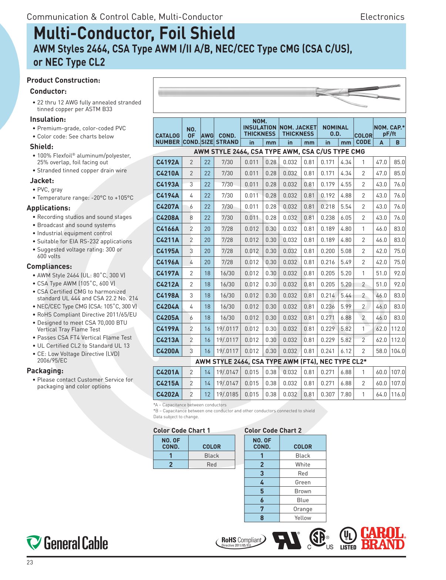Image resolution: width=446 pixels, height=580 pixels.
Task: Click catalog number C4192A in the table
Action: point(168,162)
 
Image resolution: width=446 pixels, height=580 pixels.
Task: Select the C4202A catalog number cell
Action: point(168,394)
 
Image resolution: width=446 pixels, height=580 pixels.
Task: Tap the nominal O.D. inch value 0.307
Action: point(328,394)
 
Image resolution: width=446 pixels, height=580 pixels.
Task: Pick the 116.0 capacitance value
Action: point(398,394)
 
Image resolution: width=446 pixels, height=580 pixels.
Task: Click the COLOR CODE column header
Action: point(363,139)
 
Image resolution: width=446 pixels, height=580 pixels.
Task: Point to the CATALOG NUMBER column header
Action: point(168,139)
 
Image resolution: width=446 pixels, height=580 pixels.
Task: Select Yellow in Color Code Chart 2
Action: point(303,518)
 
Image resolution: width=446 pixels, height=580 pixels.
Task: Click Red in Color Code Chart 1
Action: point(212,464)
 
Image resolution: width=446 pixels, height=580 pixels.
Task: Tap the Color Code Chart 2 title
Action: point(273,430)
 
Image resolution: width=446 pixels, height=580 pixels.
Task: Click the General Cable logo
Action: point(67,543)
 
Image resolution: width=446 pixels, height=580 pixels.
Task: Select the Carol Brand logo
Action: point(383,539)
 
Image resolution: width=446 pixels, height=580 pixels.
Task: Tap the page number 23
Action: point(30,562)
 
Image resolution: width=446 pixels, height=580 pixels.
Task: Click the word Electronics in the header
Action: point(382,17)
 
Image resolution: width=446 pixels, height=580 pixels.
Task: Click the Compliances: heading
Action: point(49,266)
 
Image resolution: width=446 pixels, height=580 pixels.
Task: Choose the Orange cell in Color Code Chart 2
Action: point(303,509)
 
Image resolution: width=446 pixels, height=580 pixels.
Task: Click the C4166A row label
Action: point(168,229)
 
